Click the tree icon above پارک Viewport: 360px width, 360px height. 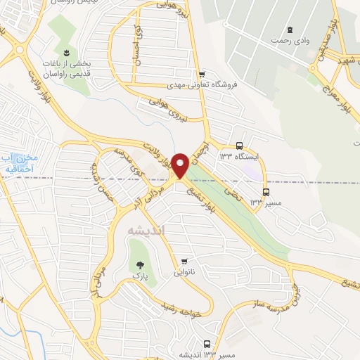click(x=139, y=266)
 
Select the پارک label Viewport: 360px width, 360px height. click(x=139, y=278)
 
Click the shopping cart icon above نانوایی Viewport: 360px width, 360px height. click(x=184, y=261)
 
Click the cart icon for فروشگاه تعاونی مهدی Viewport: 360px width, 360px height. click(x=202, y=74)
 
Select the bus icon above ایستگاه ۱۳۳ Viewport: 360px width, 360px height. click(x=240, y=146)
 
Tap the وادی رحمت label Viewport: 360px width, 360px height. click(x=290, y=40)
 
